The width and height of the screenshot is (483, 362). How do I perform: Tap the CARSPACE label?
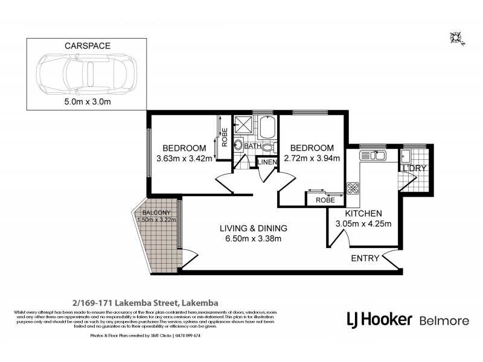[x=86, y=45]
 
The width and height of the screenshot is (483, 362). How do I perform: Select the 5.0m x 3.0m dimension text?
[x=86, y=102]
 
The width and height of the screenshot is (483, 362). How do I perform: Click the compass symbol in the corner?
[x=456, y=37]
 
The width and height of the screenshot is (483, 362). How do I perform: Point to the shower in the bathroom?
[x=245, y=125]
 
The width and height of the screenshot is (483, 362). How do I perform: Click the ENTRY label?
[x=365, y=259]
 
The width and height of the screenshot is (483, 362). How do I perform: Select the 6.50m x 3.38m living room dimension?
[x=253, y=240]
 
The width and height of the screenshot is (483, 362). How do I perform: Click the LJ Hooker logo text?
[x=379, y=319]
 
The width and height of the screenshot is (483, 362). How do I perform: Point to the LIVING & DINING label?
[x=253, y=229]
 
